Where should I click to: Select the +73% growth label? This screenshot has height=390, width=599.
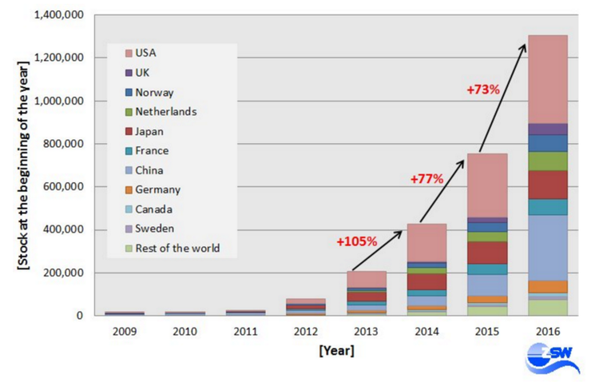[x=483, y=90]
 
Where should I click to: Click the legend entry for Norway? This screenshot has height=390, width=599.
[x=154, y=92]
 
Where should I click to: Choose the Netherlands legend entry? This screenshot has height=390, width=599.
[x=165, y=112]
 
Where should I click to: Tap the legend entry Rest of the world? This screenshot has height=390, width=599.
[x=177, y=249]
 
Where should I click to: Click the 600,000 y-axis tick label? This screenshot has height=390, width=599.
[x=63, y=187]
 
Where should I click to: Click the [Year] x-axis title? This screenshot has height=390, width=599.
[x=334, y=350]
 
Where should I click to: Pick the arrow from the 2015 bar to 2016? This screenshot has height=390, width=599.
[x=502, y=98]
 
